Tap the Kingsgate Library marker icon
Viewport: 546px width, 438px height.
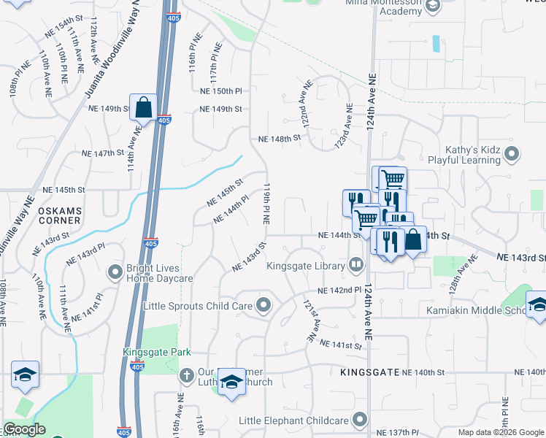(356, 265)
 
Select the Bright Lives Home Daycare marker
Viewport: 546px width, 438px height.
(115, 272)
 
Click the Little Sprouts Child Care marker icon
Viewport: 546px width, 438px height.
(264, 305)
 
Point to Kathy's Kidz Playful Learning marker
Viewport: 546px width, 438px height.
(512, 154)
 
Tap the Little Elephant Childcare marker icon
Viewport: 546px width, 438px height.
(359, 420)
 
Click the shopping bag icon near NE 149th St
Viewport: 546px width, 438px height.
(144, 107)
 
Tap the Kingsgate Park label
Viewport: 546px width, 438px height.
(157, 352)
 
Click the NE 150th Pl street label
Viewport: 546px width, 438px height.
(220, 91)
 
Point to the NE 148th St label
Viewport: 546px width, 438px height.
(280, 138)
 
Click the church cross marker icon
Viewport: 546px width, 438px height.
(188, 375)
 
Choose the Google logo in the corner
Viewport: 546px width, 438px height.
(24, 429)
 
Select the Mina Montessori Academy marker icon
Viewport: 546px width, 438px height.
(432, 7)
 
